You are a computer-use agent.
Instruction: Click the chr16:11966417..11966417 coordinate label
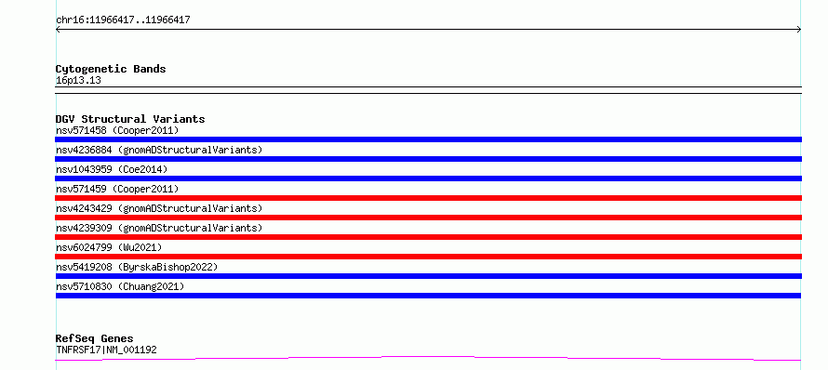[123, 20]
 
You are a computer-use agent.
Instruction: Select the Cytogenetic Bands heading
[111, 69]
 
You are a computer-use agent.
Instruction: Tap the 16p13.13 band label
[78, 81]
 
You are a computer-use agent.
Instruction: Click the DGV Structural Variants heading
[130, 119]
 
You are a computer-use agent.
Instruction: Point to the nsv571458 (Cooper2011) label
[117, 130]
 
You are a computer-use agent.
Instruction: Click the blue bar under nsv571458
[428, 139]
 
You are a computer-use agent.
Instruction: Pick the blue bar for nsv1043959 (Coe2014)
[428, 178]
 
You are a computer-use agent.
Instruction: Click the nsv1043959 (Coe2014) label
[112, 169]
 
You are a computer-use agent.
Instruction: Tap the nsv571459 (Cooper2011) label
[117, 189]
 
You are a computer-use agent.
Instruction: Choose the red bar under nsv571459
[428, 198]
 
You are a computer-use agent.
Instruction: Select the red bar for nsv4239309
[428, 237]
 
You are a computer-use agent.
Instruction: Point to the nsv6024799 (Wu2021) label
[109, 247]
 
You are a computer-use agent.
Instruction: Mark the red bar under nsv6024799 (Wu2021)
[428, 257]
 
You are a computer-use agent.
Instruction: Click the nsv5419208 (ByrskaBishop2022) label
[137, 267]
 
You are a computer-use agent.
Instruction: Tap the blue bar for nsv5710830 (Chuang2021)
[428, 296]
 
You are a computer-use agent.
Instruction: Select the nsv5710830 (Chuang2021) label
[120, 286]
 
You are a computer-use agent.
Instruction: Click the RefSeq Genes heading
[95, 338]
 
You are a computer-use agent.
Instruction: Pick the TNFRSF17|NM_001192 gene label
[106, 350]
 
